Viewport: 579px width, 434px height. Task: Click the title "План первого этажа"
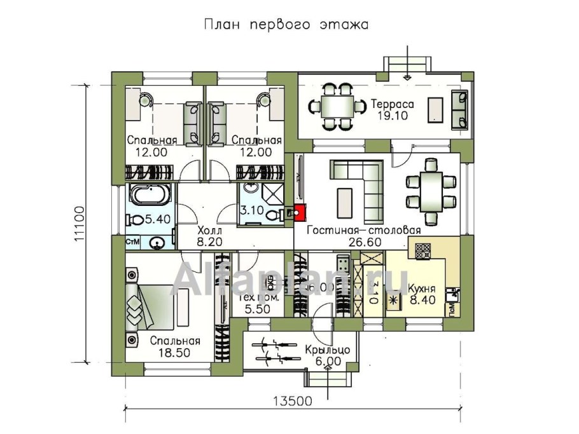tap(286, 25)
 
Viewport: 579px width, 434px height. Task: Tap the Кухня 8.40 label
tap(421, 293)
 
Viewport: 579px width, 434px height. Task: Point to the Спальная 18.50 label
tap(175, 346)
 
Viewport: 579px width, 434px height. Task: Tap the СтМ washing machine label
tap(133, 241)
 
